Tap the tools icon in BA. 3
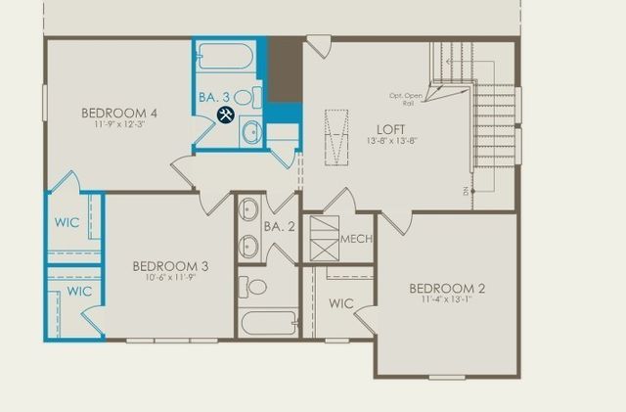(x=224, y=115)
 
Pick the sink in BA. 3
(x=250, y=131)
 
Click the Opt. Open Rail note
(x=402, y=98)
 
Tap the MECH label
(x=355, y=238)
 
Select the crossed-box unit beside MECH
(x=324, y=238)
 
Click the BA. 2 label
(x=279, y=227)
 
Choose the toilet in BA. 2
(x=255, y=287)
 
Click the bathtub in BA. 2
(x=267, y=322)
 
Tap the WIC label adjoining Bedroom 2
(x=339, y=303)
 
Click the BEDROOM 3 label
(x=169, y=265)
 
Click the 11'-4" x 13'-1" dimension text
(x=446, y=300)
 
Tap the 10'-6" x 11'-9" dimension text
(x=169, y=278)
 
